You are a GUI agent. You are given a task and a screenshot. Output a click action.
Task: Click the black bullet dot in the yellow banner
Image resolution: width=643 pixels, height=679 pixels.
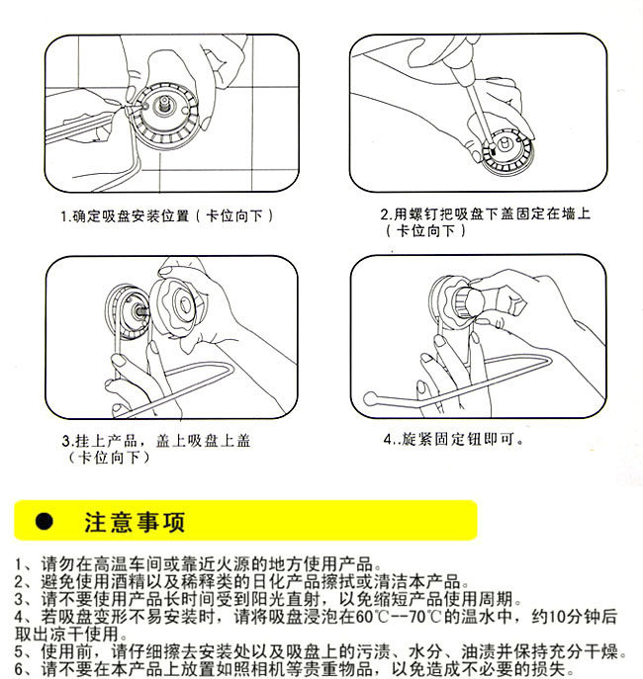pyautogui.click(x=45, y=522)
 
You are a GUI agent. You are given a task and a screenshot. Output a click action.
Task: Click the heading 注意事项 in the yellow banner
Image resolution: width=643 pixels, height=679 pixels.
pyautogui.click(x=135, y=522)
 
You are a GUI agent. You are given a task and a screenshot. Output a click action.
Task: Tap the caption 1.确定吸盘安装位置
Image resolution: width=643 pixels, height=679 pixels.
pyautogui.click(x=125, y=215)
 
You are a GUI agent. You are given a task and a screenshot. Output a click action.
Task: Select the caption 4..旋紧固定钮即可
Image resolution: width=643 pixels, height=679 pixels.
pyautogui.click(x=454, y=439)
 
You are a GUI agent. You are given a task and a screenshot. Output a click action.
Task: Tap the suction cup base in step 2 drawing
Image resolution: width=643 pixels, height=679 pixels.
pyautogui.click(x=507, y=149)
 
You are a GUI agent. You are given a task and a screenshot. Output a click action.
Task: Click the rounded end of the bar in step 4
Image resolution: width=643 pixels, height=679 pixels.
pyautogui.click(x=370, y=397)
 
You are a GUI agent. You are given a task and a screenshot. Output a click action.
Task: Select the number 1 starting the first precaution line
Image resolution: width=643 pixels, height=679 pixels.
pyautogui.click(x=18, y=564)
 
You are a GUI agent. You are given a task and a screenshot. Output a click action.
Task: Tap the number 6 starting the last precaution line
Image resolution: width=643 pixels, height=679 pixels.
pyautogui.click(x=19, y=669)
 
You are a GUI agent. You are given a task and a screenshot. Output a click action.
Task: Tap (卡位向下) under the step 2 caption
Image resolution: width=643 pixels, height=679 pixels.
pyautogui.click(x=426, y=231)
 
